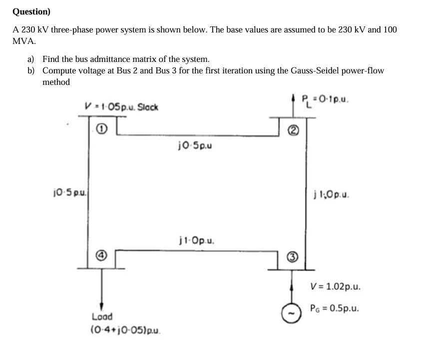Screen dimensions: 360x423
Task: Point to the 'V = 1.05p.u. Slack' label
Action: coord(122,106)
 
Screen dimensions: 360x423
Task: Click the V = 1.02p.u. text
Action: coord(335,287)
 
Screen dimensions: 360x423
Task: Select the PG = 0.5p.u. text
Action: coord(335,308)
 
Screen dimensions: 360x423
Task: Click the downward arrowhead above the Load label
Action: coord(102,306)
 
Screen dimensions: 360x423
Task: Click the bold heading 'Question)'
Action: coord(31,11)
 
